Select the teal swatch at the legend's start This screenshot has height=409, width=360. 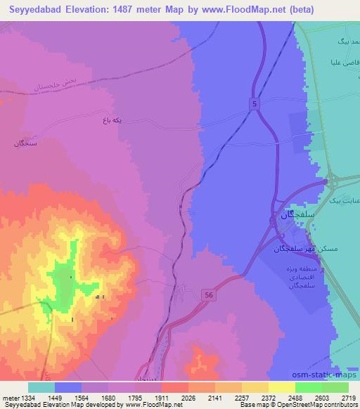click(41, 387)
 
